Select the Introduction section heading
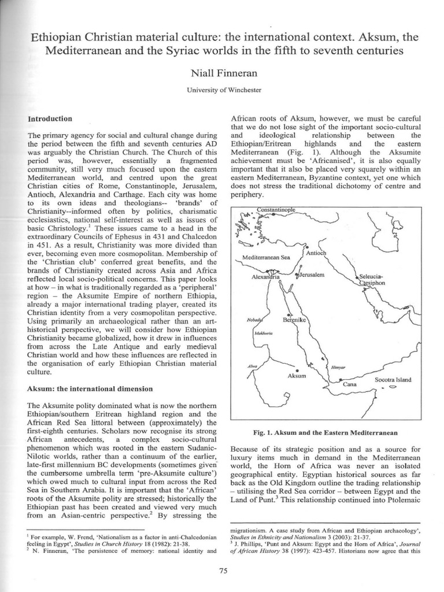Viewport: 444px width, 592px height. point(50,119)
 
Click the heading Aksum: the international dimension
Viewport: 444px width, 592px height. point(90,388)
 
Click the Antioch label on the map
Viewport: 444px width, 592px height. point(316,253)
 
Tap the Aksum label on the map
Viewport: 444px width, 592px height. point(297,376)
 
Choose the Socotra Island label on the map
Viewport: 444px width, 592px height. point(393,380)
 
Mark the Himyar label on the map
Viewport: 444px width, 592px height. point(337,368)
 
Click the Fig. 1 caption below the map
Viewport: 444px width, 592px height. point(324,432)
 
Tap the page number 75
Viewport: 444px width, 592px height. point(221,571)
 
